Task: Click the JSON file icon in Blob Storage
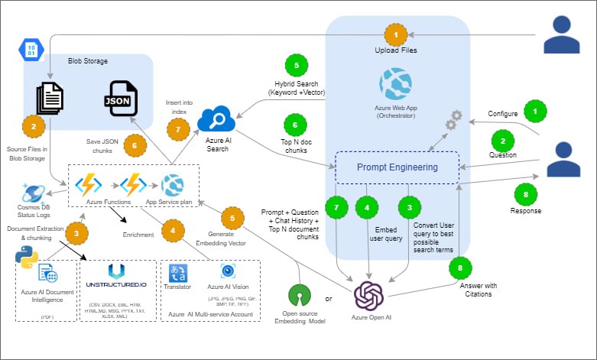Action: click(123, 97)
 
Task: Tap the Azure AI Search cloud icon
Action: click(216, 119)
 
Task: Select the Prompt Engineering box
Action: click(397, 167)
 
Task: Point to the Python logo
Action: click(27, 258)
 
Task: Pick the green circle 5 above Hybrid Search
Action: click(296, 64)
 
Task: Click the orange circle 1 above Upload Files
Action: click(395, 35)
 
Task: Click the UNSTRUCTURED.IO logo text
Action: click(115, 281)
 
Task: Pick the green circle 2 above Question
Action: click(502, 141)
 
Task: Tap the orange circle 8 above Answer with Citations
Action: click(459, 269)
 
